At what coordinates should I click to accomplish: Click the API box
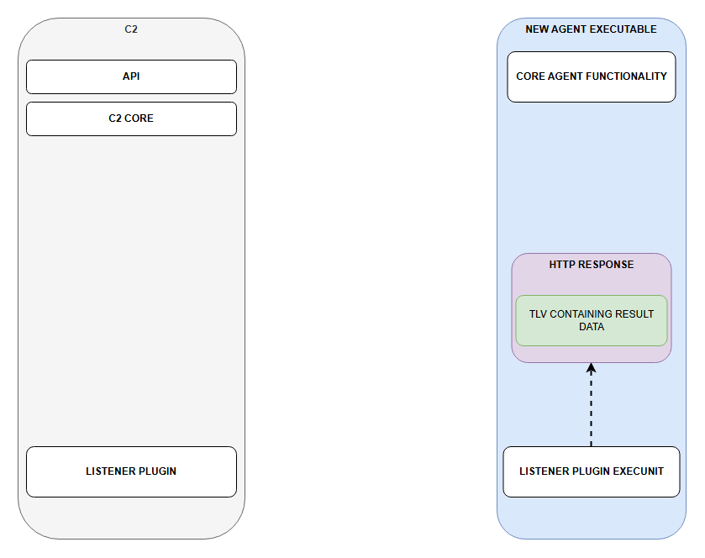click(x=131, y=76)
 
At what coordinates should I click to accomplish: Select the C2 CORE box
click(x=131, y=118)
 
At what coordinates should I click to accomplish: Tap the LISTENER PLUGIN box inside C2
click(x=131, y=471)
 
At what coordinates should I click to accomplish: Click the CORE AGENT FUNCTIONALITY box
click(x=592, y=76)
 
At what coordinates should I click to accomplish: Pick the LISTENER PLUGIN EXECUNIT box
click(x=592, y=471)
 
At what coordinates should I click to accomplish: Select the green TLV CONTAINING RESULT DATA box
click(x=592, y=320)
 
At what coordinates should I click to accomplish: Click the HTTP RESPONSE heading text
click(x=592, y=265)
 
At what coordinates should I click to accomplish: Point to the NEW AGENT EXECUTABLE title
click(x=591, y=29)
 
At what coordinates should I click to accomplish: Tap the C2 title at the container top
click(x=131, y=29)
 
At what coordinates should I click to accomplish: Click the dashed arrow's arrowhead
click(x=592, y=368)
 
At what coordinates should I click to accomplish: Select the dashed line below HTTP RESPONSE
click(x=592, y=405)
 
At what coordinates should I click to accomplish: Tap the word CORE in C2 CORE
click(x=139, y=118)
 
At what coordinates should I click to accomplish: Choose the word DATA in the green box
click(x=592, y=327)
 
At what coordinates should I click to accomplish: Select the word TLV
click(x=538, y=314)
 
